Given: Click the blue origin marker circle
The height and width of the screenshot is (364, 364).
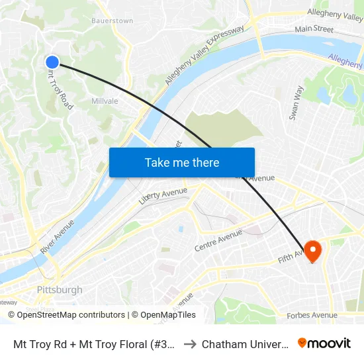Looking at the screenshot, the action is (x=52, y=62).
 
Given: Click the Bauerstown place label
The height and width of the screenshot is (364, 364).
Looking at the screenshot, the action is (x=112, y=21).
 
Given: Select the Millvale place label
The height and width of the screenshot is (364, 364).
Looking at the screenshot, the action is (x=105, y=101).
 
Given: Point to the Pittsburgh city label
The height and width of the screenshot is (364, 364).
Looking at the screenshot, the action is (x=60, y=290).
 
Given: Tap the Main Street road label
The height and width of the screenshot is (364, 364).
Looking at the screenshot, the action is (x=314, y=29).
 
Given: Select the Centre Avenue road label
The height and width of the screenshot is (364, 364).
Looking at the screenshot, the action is (x=218, y=241).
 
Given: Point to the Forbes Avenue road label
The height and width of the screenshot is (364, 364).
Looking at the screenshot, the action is (x=312, y=316).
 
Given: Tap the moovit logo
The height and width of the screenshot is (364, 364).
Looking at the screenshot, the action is (x=324, y=343).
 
